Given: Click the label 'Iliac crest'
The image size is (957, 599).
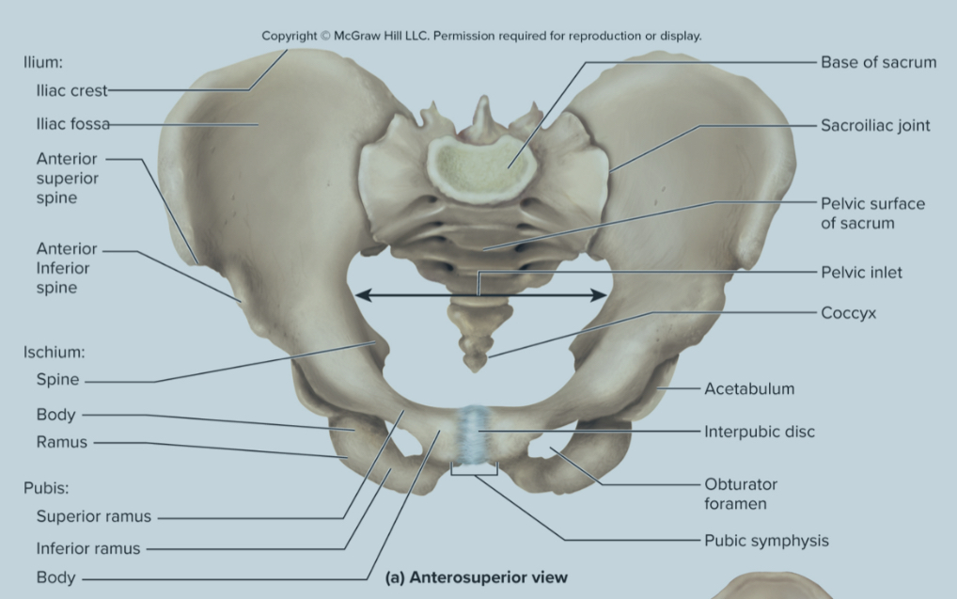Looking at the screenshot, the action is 72,91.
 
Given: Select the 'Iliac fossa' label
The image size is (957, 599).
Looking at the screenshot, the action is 73,124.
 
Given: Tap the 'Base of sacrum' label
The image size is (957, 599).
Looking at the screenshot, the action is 878,62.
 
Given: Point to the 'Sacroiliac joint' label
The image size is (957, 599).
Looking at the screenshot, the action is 875,125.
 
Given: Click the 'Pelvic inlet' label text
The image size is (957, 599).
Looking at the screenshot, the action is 861,272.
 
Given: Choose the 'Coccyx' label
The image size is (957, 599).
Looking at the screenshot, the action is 848,313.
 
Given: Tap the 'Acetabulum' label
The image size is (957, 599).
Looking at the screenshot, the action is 749,387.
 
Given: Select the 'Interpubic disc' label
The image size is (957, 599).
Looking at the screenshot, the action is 760,432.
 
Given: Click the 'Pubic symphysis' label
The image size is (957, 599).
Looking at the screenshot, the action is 766,540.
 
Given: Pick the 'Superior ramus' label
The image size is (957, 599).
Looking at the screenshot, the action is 93,517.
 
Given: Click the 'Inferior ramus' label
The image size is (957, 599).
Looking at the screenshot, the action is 87,548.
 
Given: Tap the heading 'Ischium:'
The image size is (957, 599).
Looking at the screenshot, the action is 55,353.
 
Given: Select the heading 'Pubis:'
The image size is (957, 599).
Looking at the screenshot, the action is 46,488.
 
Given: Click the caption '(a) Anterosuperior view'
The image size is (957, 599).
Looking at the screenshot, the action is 477,576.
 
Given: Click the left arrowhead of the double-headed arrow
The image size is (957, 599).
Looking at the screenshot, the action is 361,295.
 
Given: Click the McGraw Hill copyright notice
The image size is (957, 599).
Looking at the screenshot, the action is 481,36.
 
